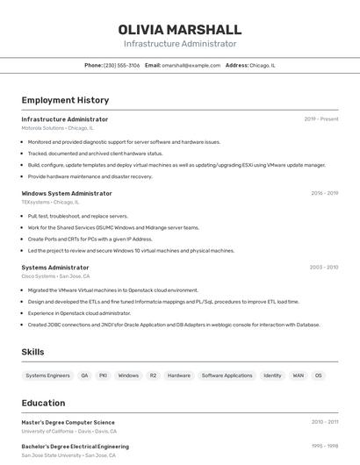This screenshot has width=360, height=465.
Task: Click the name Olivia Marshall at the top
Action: click(180, 30)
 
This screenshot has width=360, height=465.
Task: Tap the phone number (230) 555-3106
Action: click(121, 65)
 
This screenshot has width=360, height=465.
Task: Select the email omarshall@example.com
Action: click(191, 65)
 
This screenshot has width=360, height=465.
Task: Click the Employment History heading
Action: click(65, 100)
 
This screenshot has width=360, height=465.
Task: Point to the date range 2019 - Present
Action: click(321, 119)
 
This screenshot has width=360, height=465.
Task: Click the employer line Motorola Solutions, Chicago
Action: click(57, 128)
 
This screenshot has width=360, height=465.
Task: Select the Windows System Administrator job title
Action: click(67, 193)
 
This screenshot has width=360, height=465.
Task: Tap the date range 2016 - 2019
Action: click(324, 193)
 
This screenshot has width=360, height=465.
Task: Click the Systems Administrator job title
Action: click(55, 268)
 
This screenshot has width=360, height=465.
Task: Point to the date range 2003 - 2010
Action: click(324, 268)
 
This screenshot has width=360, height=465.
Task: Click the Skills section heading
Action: click(33, 352)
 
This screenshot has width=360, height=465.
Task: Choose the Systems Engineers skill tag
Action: click(47, 376)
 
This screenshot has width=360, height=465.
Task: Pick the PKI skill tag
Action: click(103, 376)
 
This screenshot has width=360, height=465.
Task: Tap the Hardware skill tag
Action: click(179, 376)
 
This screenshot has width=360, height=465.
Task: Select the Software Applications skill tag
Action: click(227, 376)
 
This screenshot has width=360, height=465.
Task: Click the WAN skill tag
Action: click(298, 376)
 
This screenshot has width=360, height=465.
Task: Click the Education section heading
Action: click(44, 404)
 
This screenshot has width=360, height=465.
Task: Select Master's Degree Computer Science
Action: click(68, 422)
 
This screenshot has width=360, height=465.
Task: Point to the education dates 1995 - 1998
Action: click(324, 446)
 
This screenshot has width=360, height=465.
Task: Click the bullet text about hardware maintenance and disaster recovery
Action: click(90, 176)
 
